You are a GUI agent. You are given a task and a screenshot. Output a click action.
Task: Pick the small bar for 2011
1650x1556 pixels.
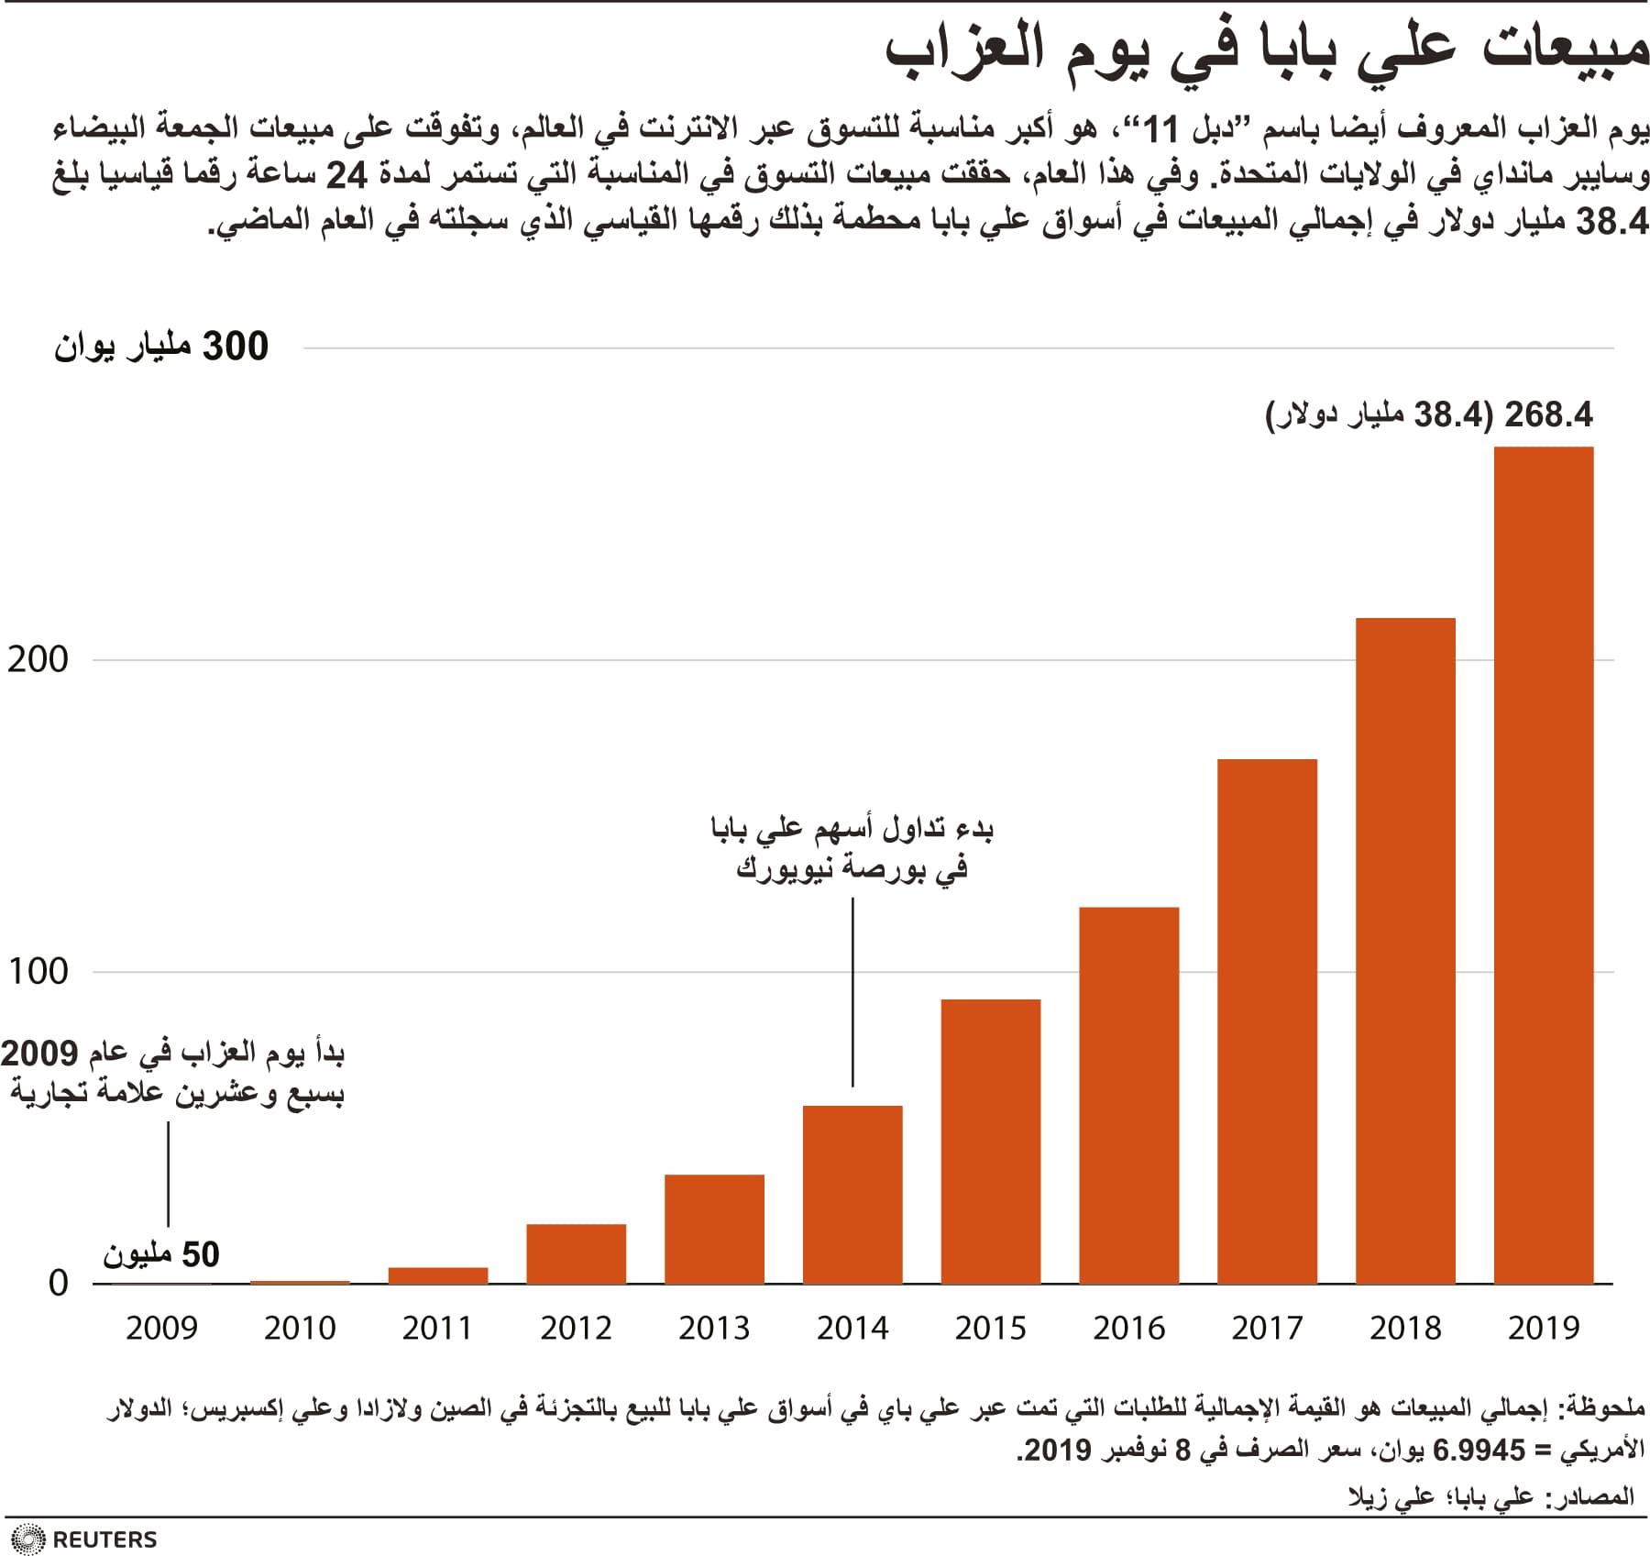click(x=438, y=1275)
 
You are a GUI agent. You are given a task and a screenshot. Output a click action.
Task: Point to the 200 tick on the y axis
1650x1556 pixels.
click(x=38, y=659)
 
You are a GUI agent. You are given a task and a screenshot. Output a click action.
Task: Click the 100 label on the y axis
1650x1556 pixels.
click(x=38, y=971)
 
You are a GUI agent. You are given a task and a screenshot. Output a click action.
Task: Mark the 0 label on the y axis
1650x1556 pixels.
click(x=58, y=1283)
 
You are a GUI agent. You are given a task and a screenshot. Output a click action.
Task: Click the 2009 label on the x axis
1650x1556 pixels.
click(x=161, y=1328)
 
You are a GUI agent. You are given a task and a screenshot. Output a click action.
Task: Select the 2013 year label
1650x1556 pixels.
click(x=714, y=1328)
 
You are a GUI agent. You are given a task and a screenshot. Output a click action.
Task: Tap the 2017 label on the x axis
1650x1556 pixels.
click(x=1267, y=1328)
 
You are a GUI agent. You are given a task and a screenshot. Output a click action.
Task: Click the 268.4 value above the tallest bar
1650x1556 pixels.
click(x=1548, y=414)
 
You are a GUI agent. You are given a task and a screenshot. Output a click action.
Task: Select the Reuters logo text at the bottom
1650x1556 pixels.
click(x=104, y=1539)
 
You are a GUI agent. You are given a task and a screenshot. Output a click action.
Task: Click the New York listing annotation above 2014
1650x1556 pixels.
click(x=852, y=848)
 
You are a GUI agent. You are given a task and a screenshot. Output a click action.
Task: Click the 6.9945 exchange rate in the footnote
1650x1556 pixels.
click(x=1478, y=1451)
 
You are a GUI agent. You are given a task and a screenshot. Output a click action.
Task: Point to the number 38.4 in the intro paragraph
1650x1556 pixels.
click(x=1611, y=221)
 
